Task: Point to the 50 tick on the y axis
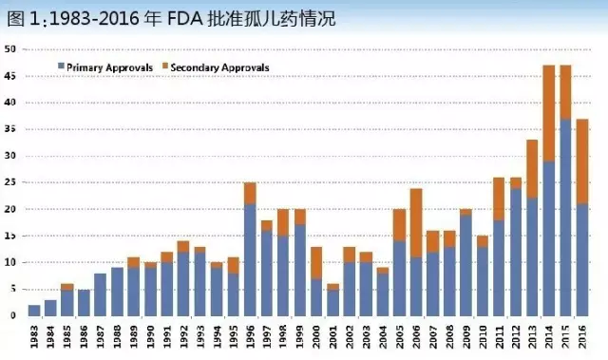pos(10,48)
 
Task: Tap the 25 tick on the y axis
pos(10,182)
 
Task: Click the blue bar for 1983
pos(35,311)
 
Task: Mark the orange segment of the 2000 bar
pos(314,262)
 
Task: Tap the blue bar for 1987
pos(101,294)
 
